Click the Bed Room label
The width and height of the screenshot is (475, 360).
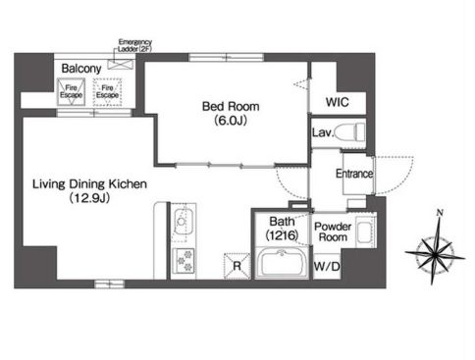tap(231, 106)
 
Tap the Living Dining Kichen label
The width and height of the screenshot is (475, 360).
tap(89, 183)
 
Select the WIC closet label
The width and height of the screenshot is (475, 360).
tap(338, 102)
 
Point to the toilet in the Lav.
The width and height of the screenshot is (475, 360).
tap(350, 132)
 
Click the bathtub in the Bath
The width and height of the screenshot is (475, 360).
tap(282, 263)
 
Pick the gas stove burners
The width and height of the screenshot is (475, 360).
tap(184, 260)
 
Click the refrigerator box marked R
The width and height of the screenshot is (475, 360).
tap(237, 266)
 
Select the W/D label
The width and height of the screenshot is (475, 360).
tap(327, 266)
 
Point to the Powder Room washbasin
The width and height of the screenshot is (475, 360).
tap(364, 232)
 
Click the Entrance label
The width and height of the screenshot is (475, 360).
tap(354, 174)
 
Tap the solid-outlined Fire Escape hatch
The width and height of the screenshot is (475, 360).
tap(71, 92)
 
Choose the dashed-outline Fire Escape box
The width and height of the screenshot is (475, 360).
tap(107, 92)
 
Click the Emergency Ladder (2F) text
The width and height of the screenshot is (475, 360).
tap(134, 45)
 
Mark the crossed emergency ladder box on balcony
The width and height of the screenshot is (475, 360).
tap(121, 64)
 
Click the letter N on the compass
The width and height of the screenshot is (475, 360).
tap(440, 213)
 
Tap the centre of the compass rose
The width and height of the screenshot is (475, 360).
tap(435, 254)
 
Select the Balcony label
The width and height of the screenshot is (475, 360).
tap(81, 69)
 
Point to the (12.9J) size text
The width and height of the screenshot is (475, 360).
tap(89, 198)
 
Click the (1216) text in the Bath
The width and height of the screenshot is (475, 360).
tap(282, 234)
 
